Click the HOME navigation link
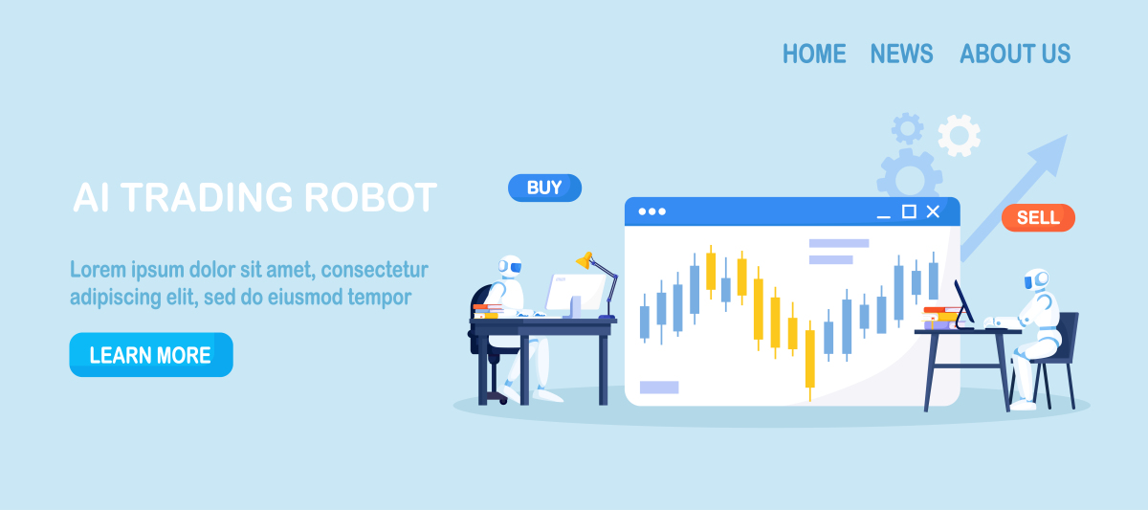(x=814, y=54)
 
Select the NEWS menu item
(x=901, y=54)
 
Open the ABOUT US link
(x=1015, y=54)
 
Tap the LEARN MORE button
(x=151, y=355)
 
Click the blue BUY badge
(x=544, y=188)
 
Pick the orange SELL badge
(x=1038, y=217)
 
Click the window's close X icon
(x=933, y=211)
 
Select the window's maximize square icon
(x=909, y=211)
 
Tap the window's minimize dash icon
(x=884, y=217)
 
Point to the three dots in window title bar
(x=651, y=211)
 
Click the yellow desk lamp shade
(x=585, y=260)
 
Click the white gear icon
(x=959, y=135)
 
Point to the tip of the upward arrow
(x=1067, y=135)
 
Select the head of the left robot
(x=510, y=267)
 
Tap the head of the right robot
(x=1036, y=279)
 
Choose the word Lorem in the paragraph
(x=98, y=269)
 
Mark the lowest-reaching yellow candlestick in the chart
(x=809, y=361)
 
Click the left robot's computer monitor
(x=575, y=292)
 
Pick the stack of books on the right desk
(x=943, y=318)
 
